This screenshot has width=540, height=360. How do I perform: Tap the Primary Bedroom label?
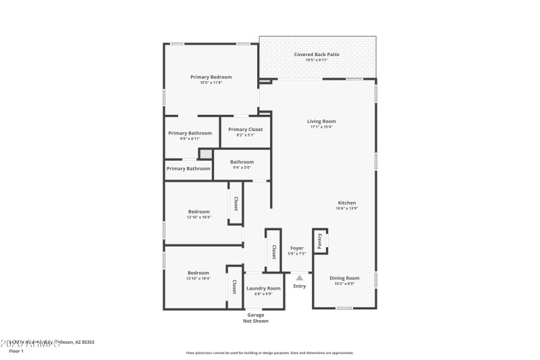tap(211, 77)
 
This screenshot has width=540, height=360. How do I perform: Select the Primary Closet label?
tap(246, 129)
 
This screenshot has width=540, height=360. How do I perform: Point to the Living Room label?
tap(321, 121)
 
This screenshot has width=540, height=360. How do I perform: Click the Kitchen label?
tap(347, 203)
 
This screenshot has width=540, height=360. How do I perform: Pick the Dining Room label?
tap(344, 278)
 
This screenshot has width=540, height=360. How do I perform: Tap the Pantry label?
tap(319, 241)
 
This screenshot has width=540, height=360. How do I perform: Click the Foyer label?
tap(297, 248)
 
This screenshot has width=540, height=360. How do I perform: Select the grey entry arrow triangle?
tap(300, 277)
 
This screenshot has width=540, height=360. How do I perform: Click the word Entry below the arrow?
tap(300, 286)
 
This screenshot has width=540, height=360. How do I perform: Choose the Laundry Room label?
tap(263, 288)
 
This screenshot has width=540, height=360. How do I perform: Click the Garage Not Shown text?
tap(256, 317)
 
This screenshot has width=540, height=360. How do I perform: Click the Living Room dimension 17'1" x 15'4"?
tap(321, 127)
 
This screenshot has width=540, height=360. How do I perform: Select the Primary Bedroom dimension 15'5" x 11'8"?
tap(211, 82)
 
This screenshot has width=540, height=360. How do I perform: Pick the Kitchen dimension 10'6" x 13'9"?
tap(347, 208)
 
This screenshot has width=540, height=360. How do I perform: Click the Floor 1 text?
tap(16, 351)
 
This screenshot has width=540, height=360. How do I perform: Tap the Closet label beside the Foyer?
tap(273, 251)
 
